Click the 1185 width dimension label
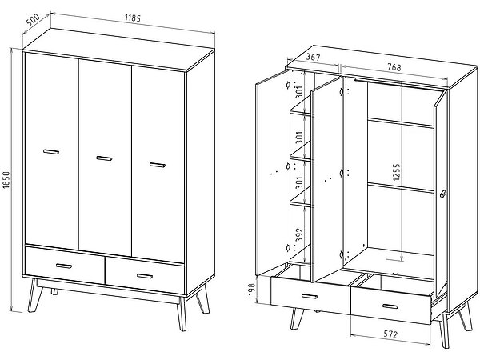133,18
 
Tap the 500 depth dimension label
33,20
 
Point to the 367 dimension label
313,58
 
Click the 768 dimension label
394,67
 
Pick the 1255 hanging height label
396,172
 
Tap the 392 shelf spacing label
300,234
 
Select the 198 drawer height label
252,290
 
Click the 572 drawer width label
390,334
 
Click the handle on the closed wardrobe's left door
51,152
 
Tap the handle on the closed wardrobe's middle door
104,158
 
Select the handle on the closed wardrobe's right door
158,165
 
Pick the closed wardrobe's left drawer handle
64,266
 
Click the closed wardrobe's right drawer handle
145,276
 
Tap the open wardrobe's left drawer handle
310,296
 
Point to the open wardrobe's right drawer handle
390,306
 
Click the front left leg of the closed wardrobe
34,295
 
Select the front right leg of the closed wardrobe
182,314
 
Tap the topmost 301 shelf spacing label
300,92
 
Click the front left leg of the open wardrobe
296,318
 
